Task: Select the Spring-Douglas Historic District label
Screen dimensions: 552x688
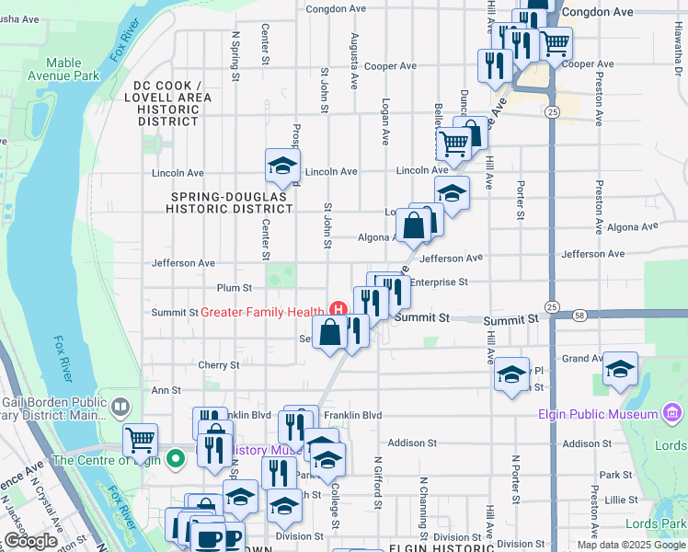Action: [x=230, y=202]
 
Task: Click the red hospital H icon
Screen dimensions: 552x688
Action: [x=338, y=311]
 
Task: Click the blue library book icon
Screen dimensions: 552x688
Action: [x=120, y=406]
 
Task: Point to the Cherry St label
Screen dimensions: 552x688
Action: [x=218, y=365]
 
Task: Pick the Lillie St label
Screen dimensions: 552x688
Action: [x=622, y=499]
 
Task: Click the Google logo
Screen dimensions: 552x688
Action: [x=31, y=541]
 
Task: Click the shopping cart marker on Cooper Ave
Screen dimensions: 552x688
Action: [x=555, y=42]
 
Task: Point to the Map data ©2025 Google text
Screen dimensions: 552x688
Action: [x=630, y=545]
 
